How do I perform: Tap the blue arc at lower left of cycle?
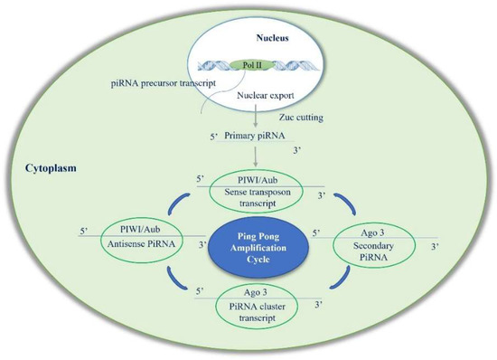click(184, 288)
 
